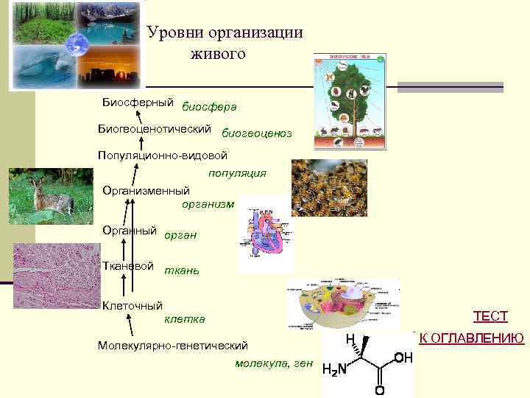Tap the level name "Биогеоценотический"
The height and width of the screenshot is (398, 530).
(155, 129)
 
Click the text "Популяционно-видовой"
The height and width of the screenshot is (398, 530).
(163, 156)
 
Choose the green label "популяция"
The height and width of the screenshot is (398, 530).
(237, 174)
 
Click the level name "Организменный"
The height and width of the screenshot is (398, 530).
(146, 191)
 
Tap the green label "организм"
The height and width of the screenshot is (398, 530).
(208, 204)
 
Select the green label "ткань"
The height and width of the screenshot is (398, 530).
(181, 270)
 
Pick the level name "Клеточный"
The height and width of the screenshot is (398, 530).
(132, 305)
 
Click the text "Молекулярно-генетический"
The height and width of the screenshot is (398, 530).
(173, 345)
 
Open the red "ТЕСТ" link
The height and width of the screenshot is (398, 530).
(490, 317)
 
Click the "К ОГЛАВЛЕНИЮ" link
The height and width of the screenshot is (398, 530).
(471, 338)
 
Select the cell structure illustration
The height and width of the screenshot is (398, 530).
(342, 304)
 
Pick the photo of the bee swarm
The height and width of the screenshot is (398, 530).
(328, 188)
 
